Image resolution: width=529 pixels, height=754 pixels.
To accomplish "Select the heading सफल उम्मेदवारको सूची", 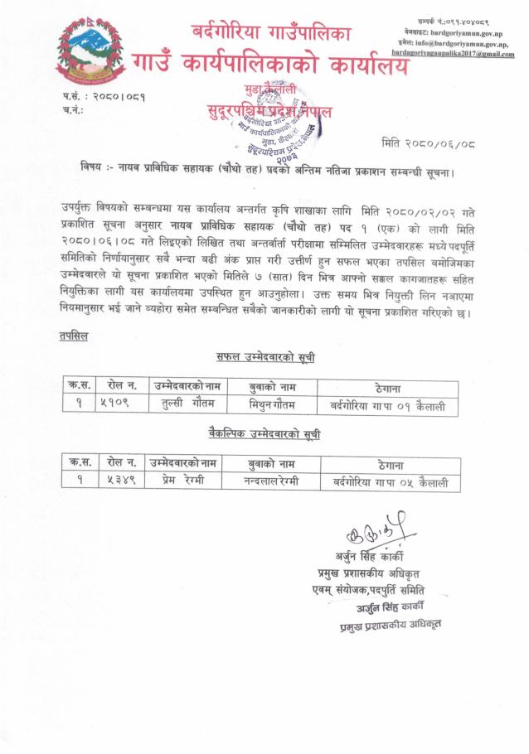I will coord(261,358).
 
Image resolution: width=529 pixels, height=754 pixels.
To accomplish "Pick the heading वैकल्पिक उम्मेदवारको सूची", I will coord(264,434).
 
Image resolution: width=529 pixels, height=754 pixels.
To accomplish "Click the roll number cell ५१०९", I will coord(120,404).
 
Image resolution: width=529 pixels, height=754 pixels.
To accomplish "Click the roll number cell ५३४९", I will coord(120,481).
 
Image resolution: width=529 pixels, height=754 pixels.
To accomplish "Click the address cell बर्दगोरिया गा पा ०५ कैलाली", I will coord(390,481).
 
